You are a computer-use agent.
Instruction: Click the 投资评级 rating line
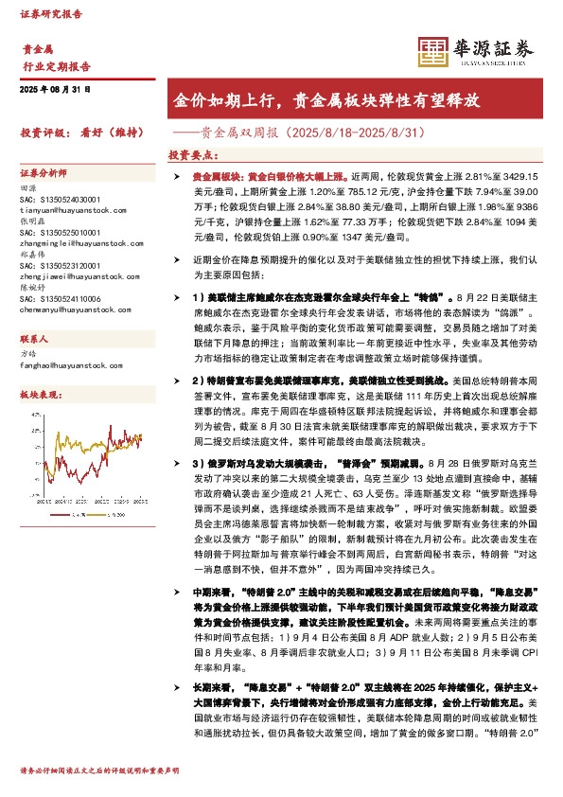[80, 133]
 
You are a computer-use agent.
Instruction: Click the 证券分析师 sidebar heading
[44, 174]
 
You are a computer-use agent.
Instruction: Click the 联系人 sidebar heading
[35, 337]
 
